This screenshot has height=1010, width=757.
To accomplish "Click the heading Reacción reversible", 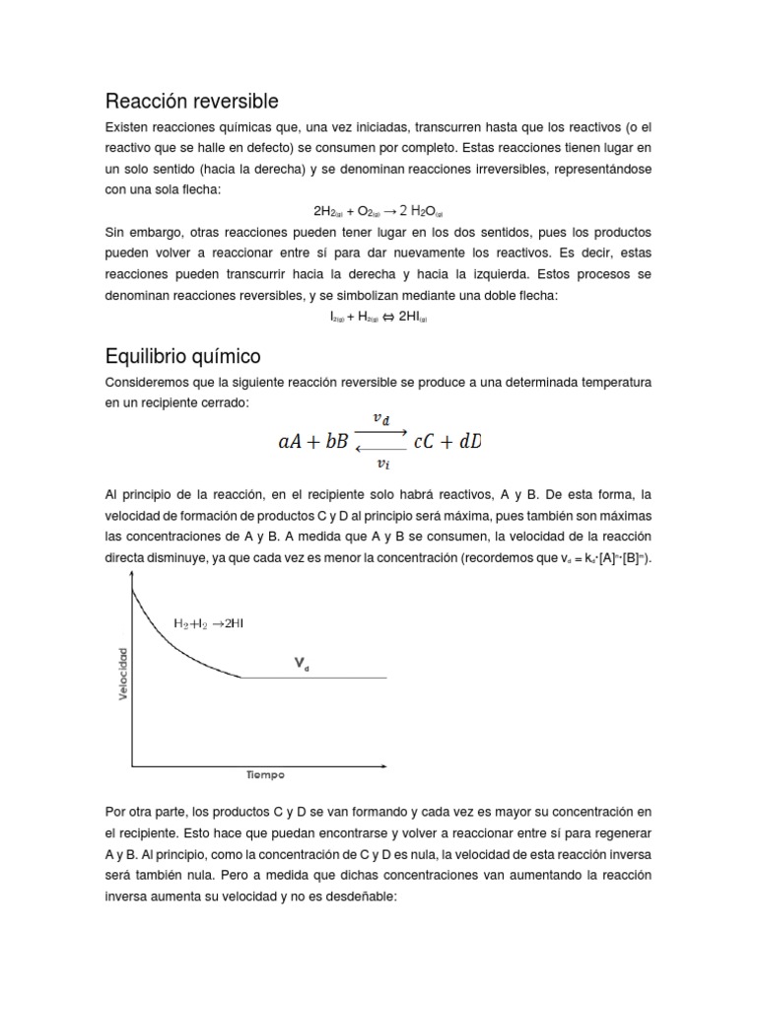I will point(191,102).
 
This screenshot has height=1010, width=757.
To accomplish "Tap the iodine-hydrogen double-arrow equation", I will point(378,317).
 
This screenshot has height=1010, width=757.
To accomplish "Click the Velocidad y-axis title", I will point(123,674).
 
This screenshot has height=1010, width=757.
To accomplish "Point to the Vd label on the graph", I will point(301,666).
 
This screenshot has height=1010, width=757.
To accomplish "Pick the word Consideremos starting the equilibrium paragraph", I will point(145,380).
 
